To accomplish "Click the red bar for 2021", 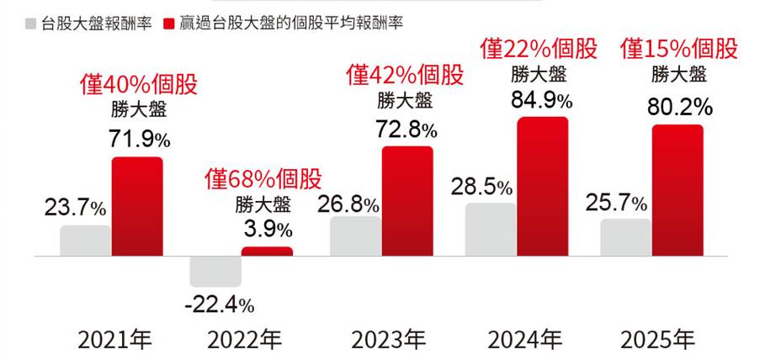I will [x=137, y=206].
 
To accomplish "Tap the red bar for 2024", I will [x=543, y=186].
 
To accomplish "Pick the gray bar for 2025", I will [x=626, y=236].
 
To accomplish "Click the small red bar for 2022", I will [x=267, y=251].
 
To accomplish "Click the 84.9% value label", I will [x=542, y=102].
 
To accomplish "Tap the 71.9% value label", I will [x=140, y=140].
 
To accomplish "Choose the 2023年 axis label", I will [x=388, y=340].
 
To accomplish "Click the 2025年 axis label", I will [x=657, y=340].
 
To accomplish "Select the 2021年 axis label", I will [x=114, y=340].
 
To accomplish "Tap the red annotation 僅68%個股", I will [x=263, y=179].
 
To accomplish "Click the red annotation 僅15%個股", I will [x=679, y=49].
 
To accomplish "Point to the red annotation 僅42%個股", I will [x=406, y=75].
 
